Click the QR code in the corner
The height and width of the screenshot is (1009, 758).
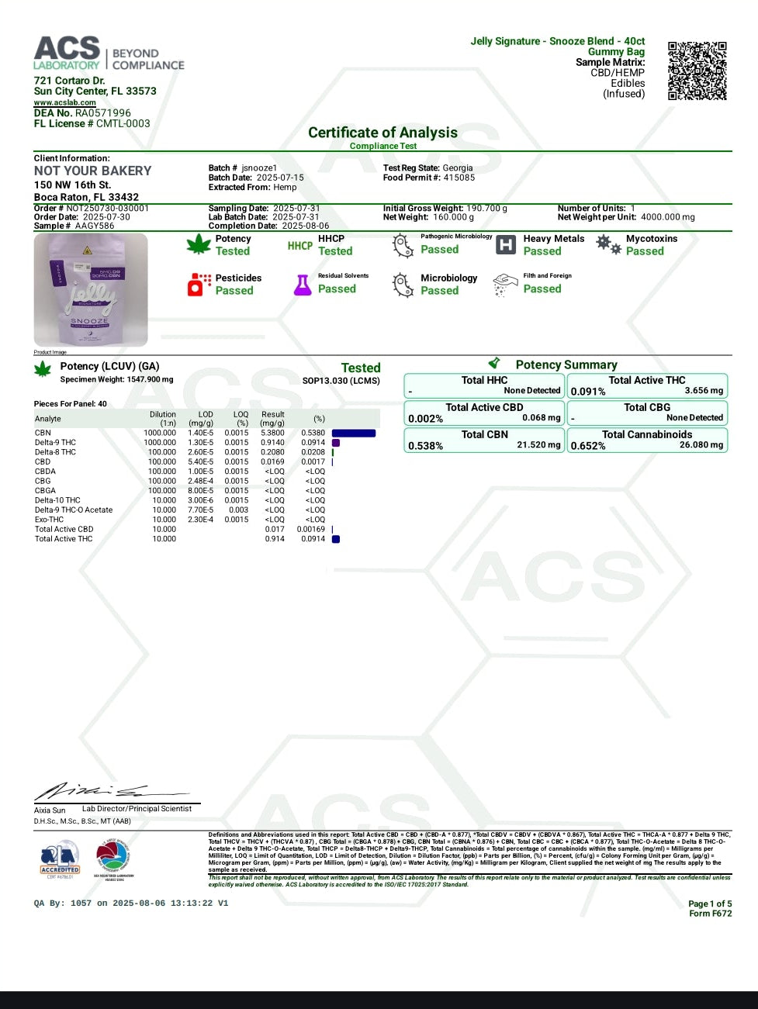click(697, 71)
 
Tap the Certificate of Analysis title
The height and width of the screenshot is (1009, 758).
click(382, 133)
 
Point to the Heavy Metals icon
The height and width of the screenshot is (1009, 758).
click(505, 245)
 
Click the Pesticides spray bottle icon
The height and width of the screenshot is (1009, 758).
click(199, 285)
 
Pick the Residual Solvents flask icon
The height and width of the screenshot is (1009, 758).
click(302, 285)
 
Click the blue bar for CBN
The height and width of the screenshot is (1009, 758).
click(354, 434)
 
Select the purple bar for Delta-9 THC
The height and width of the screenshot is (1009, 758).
click(336, 443)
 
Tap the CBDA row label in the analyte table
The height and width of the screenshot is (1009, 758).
click(45, 472)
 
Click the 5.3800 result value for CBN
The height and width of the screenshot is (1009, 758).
click(272, 434)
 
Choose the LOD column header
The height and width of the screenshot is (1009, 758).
click(206, 415)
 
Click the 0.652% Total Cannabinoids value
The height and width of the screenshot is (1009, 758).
click(588, 446)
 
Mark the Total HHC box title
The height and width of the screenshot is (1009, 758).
click(484, 380)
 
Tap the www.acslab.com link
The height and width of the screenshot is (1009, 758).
click(64, 102)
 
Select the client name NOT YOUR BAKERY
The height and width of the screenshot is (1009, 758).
click(92, 171)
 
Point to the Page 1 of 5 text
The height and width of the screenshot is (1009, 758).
click(709, 904)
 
